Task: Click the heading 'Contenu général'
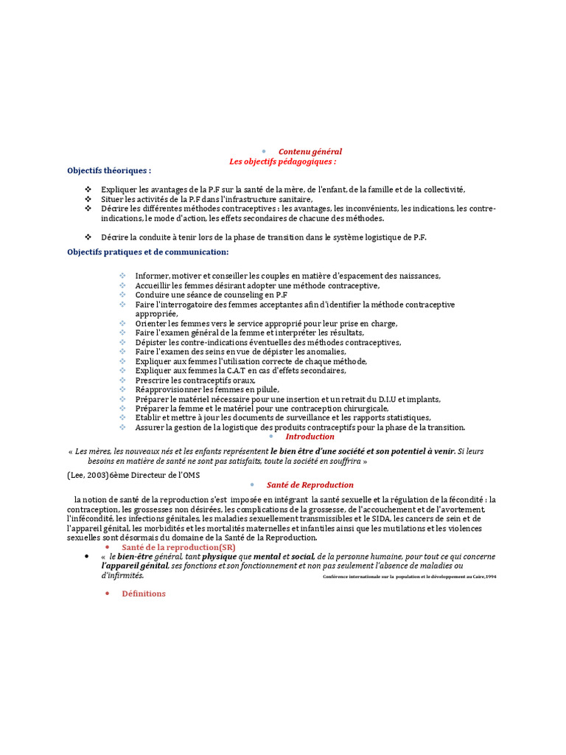[310, 151]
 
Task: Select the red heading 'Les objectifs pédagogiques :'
[282, 161]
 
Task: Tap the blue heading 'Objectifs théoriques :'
[109, 170]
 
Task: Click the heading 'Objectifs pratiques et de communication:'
[147, 252]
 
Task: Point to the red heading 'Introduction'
[310, 436]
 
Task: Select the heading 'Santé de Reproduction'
[310, 485]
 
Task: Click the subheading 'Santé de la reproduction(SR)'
[178, 548]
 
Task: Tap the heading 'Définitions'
[144, 594]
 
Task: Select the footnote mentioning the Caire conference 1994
[409, 577]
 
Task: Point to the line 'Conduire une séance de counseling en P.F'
[211, 295]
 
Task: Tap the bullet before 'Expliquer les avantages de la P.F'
[88, 189]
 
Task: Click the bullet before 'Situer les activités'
[88, 199]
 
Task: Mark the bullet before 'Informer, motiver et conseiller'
[122, 276]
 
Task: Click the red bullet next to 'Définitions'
[107, 594]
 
